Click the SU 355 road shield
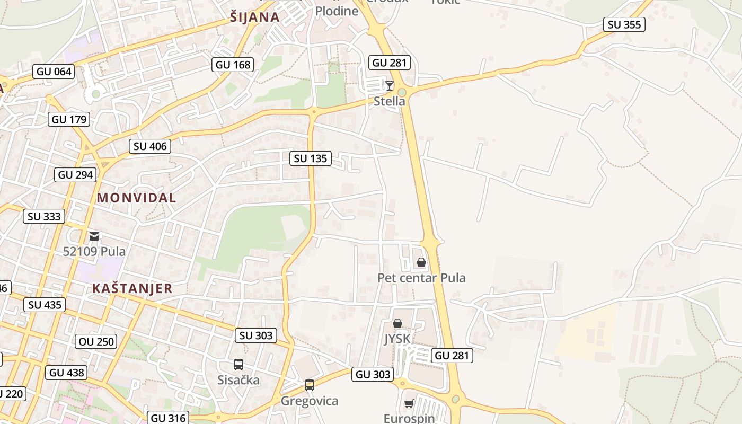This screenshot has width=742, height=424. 624,24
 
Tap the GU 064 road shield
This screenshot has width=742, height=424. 54,72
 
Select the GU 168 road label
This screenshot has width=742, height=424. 233,65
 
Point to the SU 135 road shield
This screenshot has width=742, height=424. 311,158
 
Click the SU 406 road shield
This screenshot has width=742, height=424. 150,146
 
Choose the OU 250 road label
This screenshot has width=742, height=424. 96,341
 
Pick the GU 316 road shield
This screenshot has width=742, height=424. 169,418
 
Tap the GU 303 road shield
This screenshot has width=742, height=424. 373,374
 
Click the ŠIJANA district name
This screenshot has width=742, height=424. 255,17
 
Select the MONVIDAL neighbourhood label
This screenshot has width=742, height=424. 136,198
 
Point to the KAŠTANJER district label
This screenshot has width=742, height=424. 132,288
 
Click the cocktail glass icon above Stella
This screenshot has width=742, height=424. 390,85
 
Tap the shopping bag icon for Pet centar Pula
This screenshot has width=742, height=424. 421,262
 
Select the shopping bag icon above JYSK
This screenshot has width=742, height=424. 397,323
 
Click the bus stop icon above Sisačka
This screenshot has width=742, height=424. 238,365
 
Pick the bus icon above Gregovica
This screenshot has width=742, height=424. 310,385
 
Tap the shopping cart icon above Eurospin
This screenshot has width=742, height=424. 409,404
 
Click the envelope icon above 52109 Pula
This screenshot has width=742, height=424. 94,236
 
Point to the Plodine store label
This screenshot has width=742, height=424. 337,11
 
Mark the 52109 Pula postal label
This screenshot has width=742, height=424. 94,251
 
